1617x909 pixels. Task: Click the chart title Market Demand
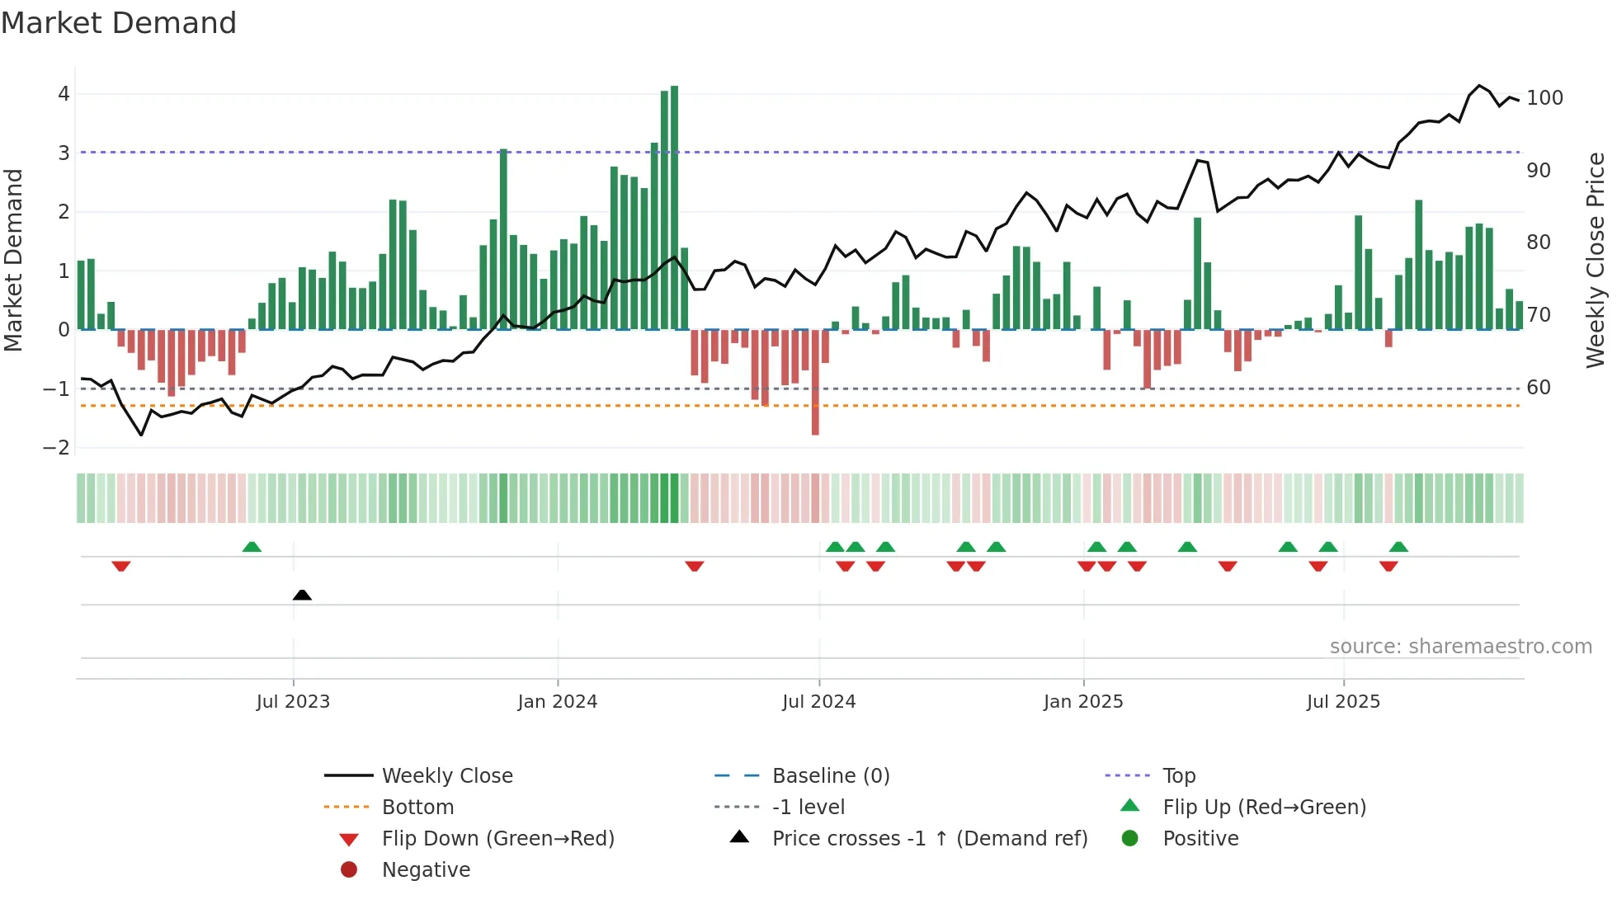pyautogui.click(x=119, y=23)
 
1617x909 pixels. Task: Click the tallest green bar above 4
pyautogui.click(x=674, y=206)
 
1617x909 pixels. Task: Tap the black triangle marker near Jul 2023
pyautogui.click(x=302, y=595)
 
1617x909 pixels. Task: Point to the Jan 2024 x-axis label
pyautogui.click(x=557, y=702)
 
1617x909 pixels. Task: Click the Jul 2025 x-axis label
pyautogui.click(x=1342, y=702)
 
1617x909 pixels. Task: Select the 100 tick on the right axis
pyautogui.click(x=1544, y=98)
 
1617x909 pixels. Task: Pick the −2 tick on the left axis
pyautogui.click(x=56, y=448)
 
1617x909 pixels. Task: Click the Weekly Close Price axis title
pyautogui.click(x=1596, y=259)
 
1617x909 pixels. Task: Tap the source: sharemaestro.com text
pyautogui.click(x=1460, y=647)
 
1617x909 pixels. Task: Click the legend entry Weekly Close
pyautogui.click(x=446, y=776)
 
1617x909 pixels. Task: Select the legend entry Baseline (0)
pyautogui.click(x=830, y=776)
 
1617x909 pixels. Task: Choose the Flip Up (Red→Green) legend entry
pyautogui.click(x=1264, y=808)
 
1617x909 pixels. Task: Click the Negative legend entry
pyautogui.click(x=426, y=870)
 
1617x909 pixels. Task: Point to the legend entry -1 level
pyautogui.click(x=808, y=808)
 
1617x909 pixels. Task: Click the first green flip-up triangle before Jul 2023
pyautogui.click(x=252, y=547)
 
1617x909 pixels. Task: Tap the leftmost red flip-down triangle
pyautogui.click(x=121, y=566)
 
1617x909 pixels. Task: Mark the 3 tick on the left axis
pyautogui.click(x=64, y=153)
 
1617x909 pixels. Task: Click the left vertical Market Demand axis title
pyautogui.click(x=13, y=259)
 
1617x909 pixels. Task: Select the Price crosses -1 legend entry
pyautogui.click(x=929, y=839)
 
